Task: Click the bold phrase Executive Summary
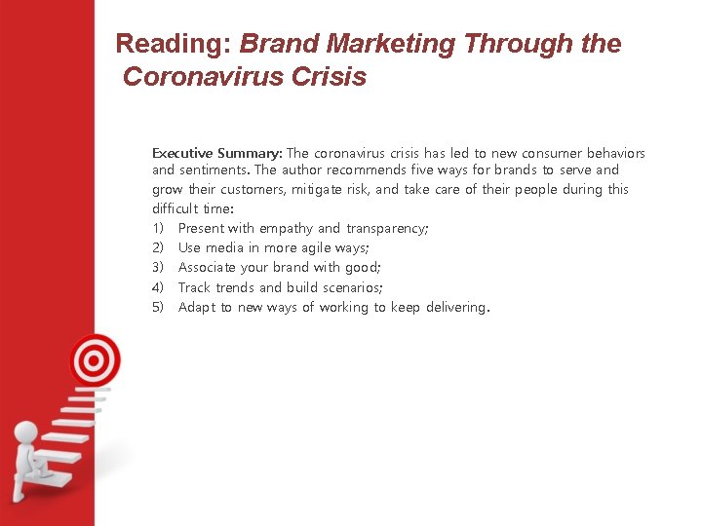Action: click(217, 153)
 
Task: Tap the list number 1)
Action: click(159, 228)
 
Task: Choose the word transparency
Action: click(388, 228)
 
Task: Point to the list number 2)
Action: click(159, 247)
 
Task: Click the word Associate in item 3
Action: click(210, 267)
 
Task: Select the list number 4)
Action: click(159, 287)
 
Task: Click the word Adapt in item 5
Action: click(197, 307)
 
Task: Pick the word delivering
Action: click(456, 307)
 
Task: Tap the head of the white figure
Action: click(26, 432)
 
